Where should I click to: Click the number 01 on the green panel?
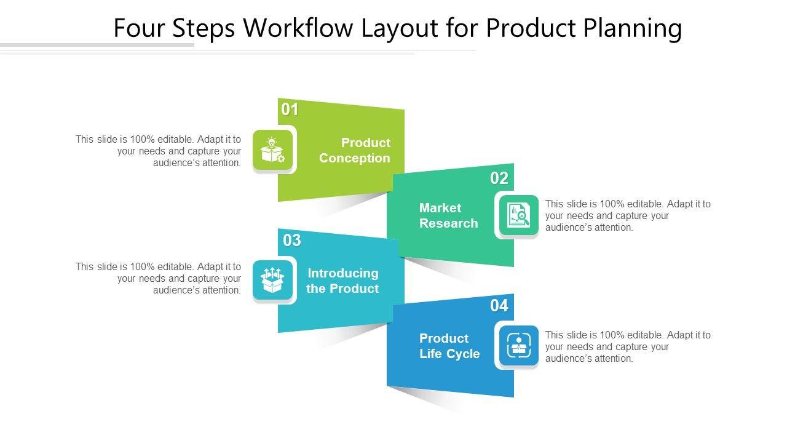[290, 110]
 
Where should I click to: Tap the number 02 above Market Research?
[499, 178]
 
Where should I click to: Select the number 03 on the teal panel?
[292, 241]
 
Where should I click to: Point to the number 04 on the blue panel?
[499, 305]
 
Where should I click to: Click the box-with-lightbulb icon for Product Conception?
[273, 150]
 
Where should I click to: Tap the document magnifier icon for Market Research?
[518, 215]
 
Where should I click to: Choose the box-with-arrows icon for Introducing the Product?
[273, 281]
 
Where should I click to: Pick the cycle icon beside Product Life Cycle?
[518, 346]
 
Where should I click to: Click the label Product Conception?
[355, 150]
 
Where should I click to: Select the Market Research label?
[448, 215]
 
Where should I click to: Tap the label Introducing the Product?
[342, 281]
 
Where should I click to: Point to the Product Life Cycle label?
[449, 346]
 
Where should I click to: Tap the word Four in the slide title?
[139, 28]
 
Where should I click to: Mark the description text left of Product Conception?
[159, 151]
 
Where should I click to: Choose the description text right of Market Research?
[628, 215]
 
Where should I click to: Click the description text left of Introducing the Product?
[159, 279]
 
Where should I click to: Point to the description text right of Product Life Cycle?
[628, 346]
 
